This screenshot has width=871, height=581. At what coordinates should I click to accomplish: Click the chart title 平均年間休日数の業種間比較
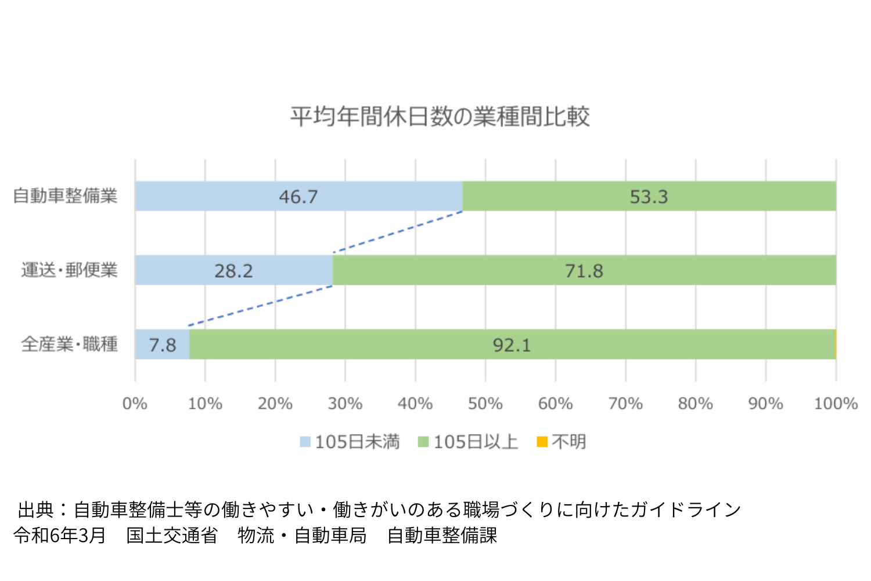[440, 117]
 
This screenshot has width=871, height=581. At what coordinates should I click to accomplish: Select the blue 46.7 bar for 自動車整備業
[298, 196]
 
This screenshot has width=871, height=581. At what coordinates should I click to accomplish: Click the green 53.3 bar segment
[649, 196]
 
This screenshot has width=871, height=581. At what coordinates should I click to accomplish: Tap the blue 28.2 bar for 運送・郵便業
[233, 270]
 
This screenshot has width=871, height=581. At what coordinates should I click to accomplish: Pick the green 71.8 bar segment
[584, 270]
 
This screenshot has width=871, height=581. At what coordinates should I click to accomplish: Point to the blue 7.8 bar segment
[162, 345]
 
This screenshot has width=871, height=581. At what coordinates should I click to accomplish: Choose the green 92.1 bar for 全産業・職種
[512, 345]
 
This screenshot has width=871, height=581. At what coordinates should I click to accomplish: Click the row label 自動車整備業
[65, 196]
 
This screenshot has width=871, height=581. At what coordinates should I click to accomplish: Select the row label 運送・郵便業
[69, 270]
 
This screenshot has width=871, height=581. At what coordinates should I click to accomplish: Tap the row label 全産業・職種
[69, 345]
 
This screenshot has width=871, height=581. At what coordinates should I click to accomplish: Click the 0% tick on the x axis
[135, 404]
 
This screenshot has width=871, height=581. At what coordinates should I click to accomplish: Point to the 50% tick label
[485, 404]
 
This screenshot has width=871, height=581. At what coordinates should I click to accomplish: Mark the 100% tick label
[836, 404]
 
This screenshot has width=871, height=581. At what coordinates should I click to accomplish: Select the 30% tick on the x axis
[345, 404]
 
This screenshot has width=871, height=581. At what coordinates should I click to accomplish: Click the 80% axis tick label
[695, 404]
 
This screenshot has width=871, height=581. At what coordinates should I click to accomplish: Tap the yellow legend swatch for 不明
[542, 442]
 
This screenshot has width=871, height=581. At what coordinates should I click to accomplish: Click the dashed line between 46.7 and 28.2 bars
[398, 232]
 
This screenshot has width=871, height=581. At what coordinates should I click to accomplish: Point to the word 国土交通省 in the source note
[172, 535]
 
